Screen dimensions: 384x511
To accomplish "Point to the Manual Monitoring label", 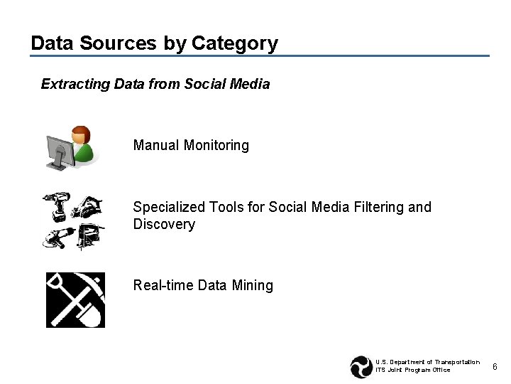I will [x=191, y=145].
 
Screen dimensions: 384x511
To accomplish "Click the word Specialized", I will [x=170, y=207].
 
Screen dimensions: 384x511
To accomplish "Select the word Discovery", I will [x=164, y=224].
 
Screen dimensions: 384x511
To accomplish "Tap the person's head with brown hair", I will [x=82, y=134].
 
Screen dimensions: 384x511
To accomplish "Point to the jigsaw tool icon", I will [x=89, y=235].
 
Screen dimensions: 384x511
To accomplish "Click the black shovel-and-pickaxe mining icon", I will [x=75, y=299].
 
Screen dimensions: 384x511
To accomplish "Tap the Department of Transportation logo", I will [x=361, y=366].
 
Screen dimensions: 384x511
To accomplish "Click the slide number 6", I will [x=495, y=366].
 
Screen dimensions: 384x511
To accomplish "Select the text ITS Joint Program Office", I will [x=412, y=370].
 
